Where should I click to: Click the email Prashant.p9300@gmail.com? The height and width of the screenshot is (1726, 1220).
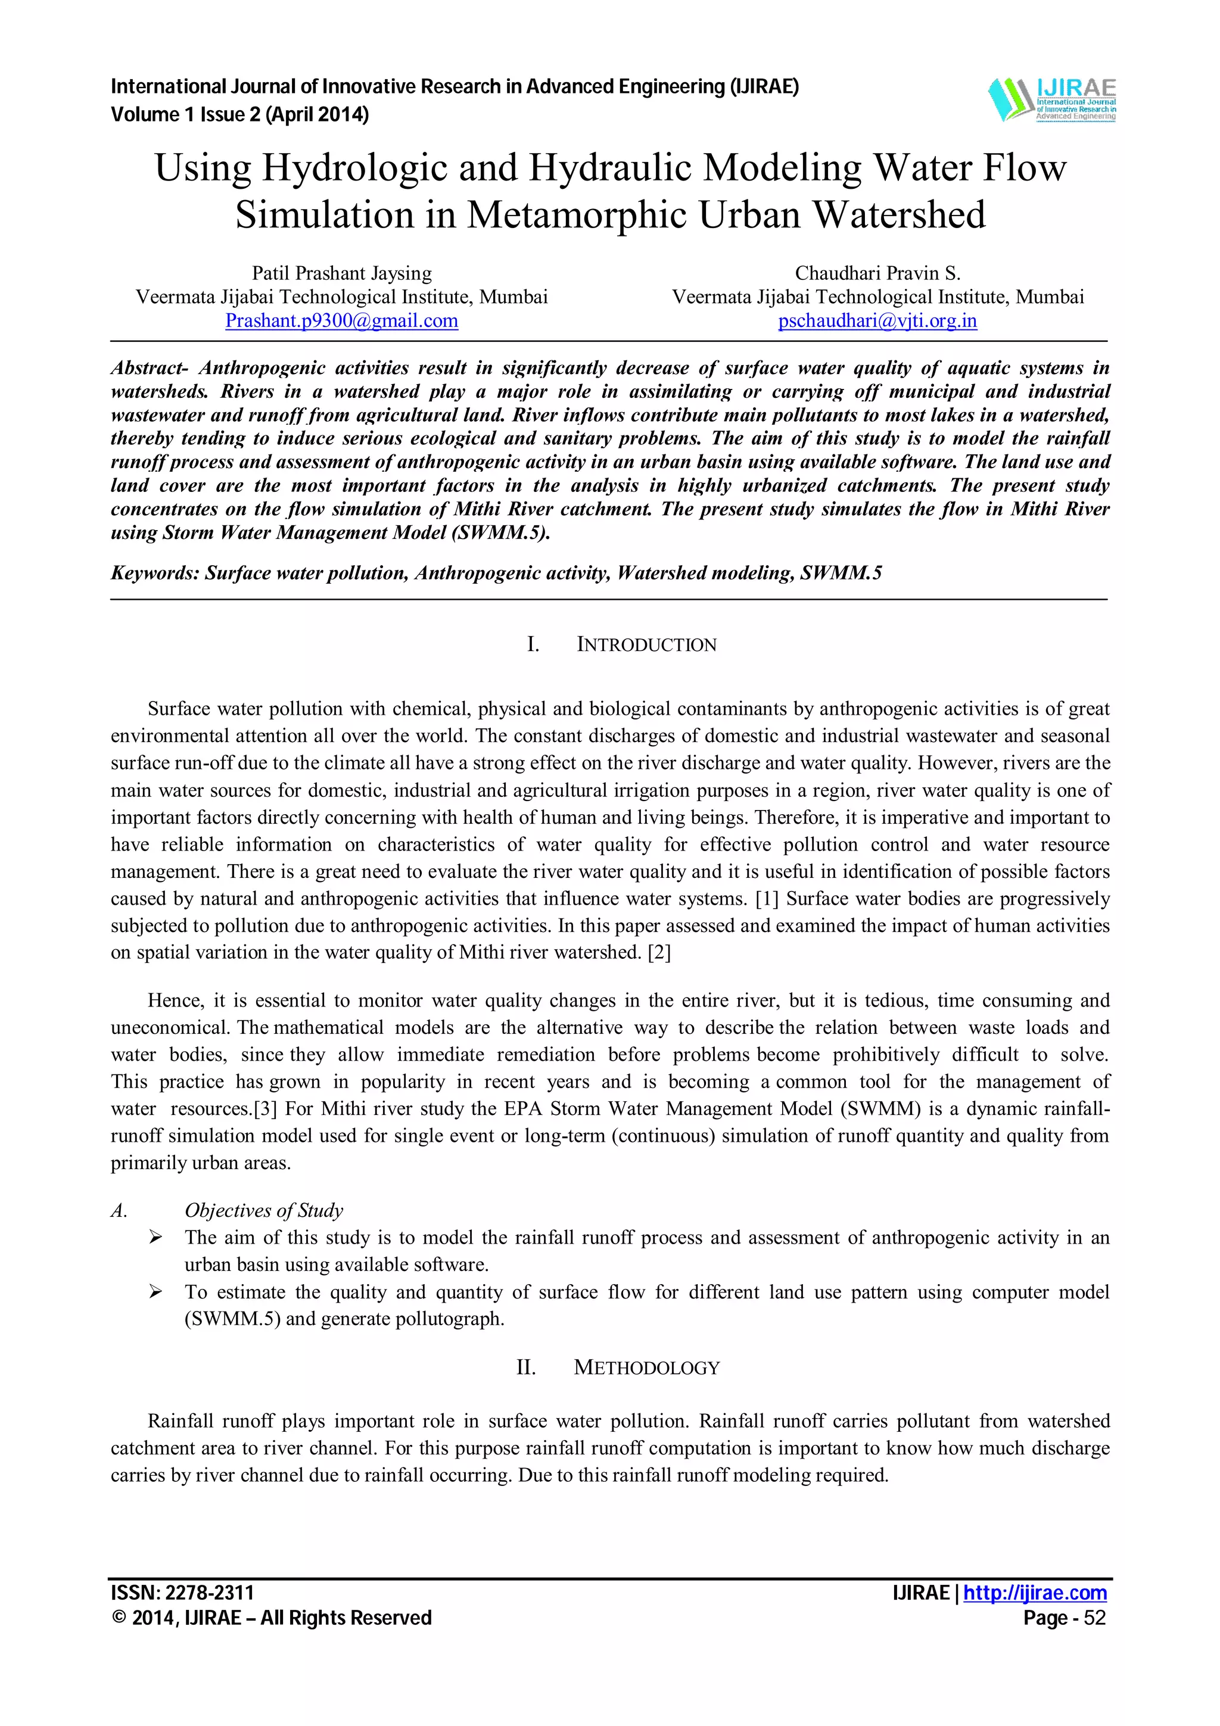(341, 321)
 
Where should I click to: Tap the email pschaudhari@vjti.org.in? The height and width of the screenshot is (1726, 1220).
(877, 321)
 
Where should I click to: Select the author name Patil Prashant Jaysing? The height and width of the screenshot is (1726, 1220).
(341, 273)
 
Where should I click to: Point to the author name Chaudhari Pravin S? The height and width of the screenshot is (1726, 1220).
(877, 273)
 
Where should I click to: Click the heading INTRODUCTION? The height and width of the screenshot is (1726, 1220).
(646, 645)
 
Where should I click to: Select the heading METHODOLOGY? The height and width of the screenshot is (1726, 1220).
(646, 1367)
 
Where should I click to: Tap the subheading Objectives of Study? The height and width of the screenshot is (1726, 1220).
(264, 1210)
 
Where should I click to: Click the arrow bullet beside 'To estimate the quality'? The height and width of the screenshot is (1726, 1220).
(155, 1291)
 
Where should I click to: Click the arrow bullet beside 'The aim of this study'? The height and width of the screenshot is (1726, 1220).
(155, 1238)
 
